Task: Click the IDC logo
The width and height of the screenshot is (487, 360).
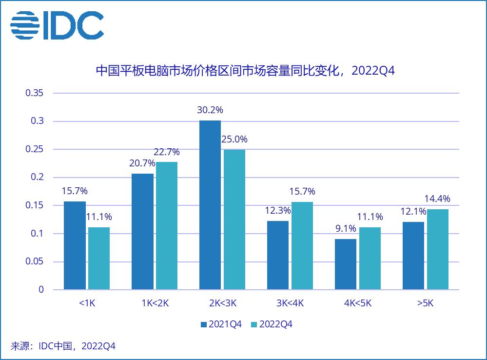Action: pos(57,25)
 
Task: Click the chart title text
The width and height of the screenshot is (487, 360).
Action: pos(244,71)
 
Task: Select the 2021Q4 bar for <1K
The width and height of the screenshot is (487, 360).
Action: pos(75,245)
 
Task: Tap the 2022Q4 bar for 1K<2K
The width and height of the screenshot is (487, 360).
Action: pos(167,225)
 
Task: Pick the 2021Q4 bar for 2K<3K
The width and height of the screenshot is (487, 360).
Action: pos(210,205)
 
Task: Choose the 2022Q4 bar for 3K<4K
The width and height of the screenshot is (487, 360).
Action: pos(302,245)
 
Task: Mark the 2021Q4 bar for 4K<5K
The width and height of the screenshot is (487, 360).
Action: pos(346,264)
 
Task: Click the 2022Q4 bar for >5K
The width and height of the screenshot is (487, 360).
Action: pos(438,249)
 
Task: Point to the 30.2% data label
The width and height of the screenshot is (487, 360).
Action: pos(210,110)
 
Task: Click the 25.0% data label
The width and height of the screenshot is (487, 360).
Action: pos(234,139)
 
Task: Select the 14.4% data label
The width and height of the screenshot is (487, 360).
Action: pos(438,199)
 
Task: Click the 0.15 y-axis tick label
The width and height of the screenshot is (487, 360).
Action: pos(34,205)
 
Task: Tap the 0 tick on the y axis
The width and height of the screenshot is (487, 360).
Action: pos(41,289)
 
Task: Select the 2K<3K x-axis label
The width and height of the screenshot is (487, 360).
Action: pos(222,303)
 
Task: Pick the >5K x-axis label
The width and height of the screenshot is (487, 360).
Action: pos(425,303)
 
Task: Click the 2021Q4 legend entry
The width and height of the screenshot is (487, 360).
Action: pos(221,324)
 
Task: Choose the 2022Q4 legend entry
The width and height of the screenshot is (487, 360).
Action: pos(272,324)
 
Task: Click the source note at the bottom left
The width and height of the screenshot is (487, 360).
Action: pos(63,346)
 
